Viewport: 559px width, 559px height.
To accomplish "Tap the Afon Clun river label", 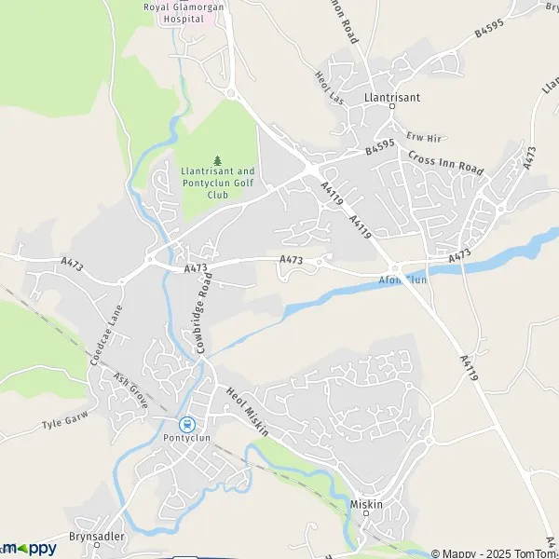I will [x=402, y=278].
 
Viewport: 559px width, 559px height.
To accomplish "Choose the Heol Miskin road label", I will [x=247, y=413].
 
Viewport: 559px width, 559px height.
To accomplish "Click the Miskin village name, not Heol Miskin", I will [x=366, y=504].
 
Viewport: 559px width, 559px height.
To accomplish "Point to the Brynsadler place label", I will [x=98, y=538].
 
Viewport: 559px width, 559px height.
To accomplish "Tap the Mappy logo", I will [x=28, y=549].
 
